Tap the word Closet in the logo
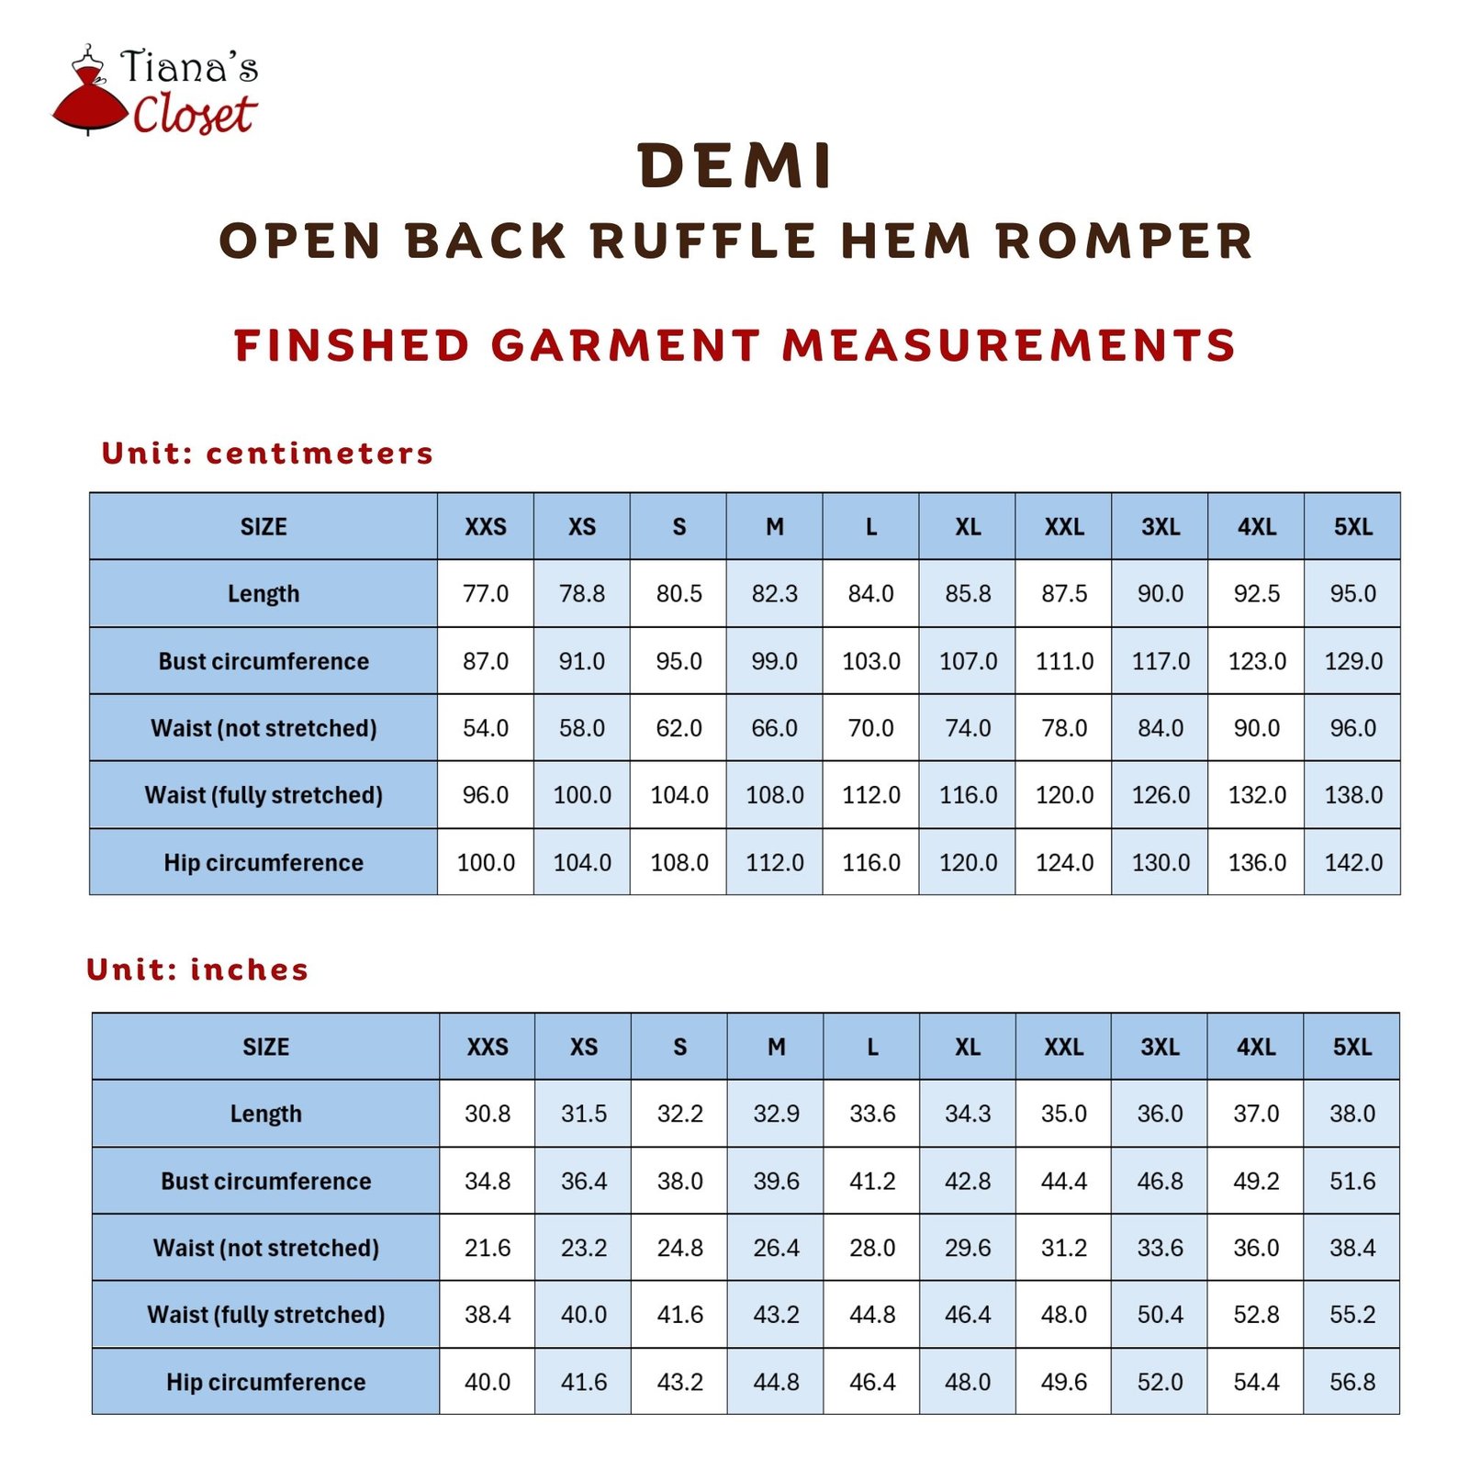click(x=194, y=115)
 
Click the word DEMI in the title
click(x=734, y=167)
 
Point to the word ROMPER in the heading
click(x=1125, y=241)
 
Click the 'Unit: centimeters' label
click(x=267, y=453)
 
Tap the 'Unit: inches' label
click(x=197, y=970)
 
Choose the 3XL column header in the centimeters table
click(x=1161, y=527)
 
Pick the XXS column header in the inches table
click(x=488, y=1047)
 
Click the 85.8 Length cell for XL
click(x=968, y=594)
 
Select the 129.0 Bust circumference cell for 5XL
click(x=1353, y=661)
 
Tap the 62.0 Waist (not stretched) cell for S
click(x=678, y=728)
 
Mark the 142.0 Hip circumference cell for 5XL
click(x=1353, y=863)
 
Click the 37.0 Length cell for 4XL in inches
click(x=1256, y=1114)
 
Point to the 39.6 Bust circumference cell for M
click(x=776, y=1181)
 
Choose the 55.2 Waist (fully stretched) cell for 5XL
click(x=1352, y=1315)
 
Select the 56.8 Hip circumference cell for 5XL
click(x=1352, y=1382)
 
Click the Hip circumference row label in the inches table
click(x=265, y=1382)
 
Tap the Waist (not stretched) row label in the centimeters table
click(x=264, y=728)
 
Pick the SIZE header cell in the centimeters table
click(x=264, y=527)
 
